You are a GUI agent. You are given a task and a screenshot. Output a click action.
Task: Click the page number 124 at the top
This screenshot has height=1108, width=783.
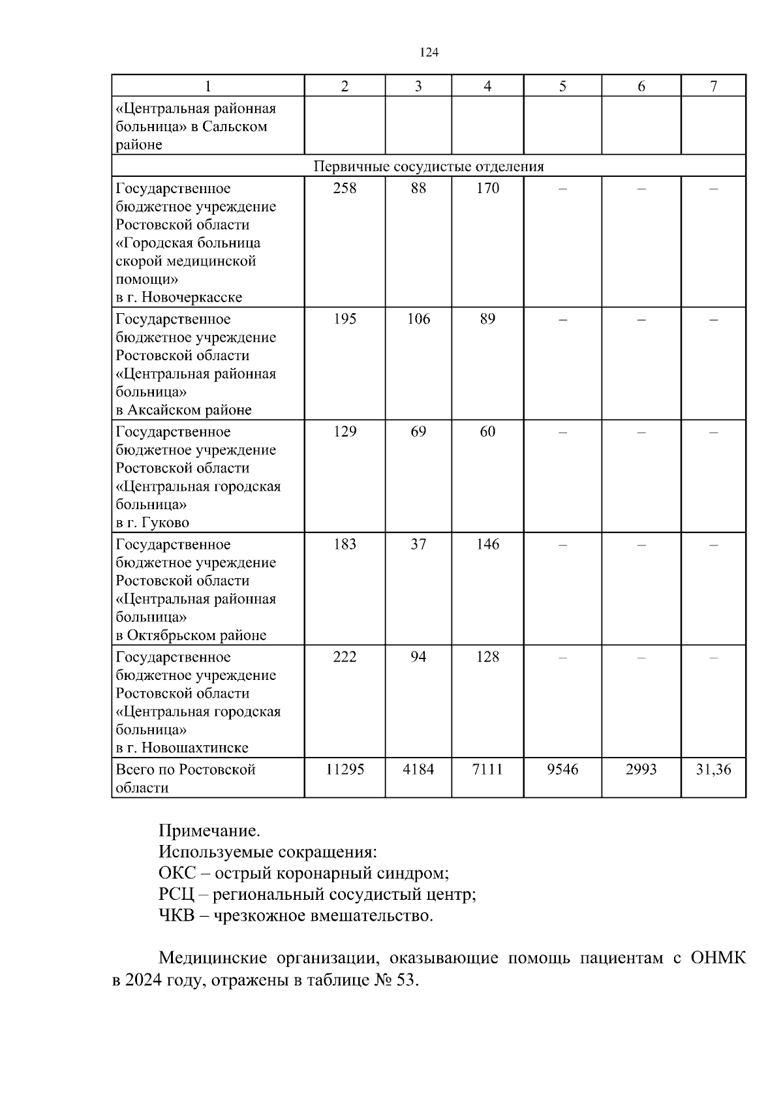point(429,53)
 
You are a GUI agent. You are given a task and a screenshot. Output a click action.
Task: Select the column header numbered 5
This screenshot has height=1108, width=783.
point(562,86)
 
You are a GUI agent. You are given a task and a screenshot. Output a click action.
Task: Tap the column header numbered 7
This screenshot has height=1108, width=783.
point(713,86)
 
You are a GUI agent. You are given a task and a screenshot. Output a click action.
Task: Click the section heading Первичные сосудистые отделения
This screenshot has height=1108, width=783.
point(429,166)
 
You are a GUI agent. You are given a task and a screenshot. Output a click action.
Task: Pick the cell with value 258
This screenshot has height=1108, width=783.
point(345,189)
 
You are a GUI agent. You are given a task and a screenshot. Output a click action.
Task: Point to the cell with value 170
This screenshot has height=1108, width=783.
point(487,189)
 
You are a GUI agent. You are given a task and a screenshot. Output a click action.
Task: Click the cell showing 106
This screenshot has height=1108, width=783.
point(418,319)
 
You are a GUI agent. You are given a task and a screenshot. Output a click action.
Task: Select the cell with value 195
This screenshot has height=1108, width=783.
point(345,319)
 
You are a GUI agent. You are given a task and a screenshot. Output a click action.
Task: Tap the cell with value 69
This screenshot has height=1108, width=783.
point(418,432)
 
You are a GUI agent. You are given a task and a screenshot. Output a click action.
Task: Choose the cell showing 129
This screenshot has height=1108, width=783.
point(345,432)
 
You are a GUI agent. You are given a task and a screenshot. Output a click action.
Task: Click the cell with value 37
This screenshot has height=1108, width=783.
point(418,544)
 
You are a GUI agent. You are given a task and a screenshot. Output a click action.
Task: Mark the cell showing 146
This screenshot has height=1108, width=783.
point(487,544)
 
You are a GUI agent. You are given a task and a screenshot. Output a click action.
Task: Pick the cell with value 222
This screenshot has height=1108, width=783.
point(345,657)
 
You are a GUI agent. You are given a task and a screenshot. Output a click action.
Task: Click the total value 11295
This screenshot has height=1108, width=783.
point(345,770)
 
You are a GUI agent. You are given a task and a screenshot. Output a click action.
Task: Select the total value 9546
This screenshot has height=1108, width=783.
point(562,770)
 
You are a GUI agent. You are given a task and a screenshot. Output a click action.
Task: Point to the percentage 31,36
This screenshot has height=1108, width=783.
point(713,770)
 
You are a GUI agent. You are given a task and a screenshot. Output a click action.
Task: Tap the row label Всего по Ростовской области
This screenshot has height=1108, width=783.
point(185,778)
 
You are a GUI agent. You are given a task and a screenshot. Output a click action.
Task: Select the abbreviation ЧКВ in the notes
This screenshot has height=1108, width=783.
point(176,916)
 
